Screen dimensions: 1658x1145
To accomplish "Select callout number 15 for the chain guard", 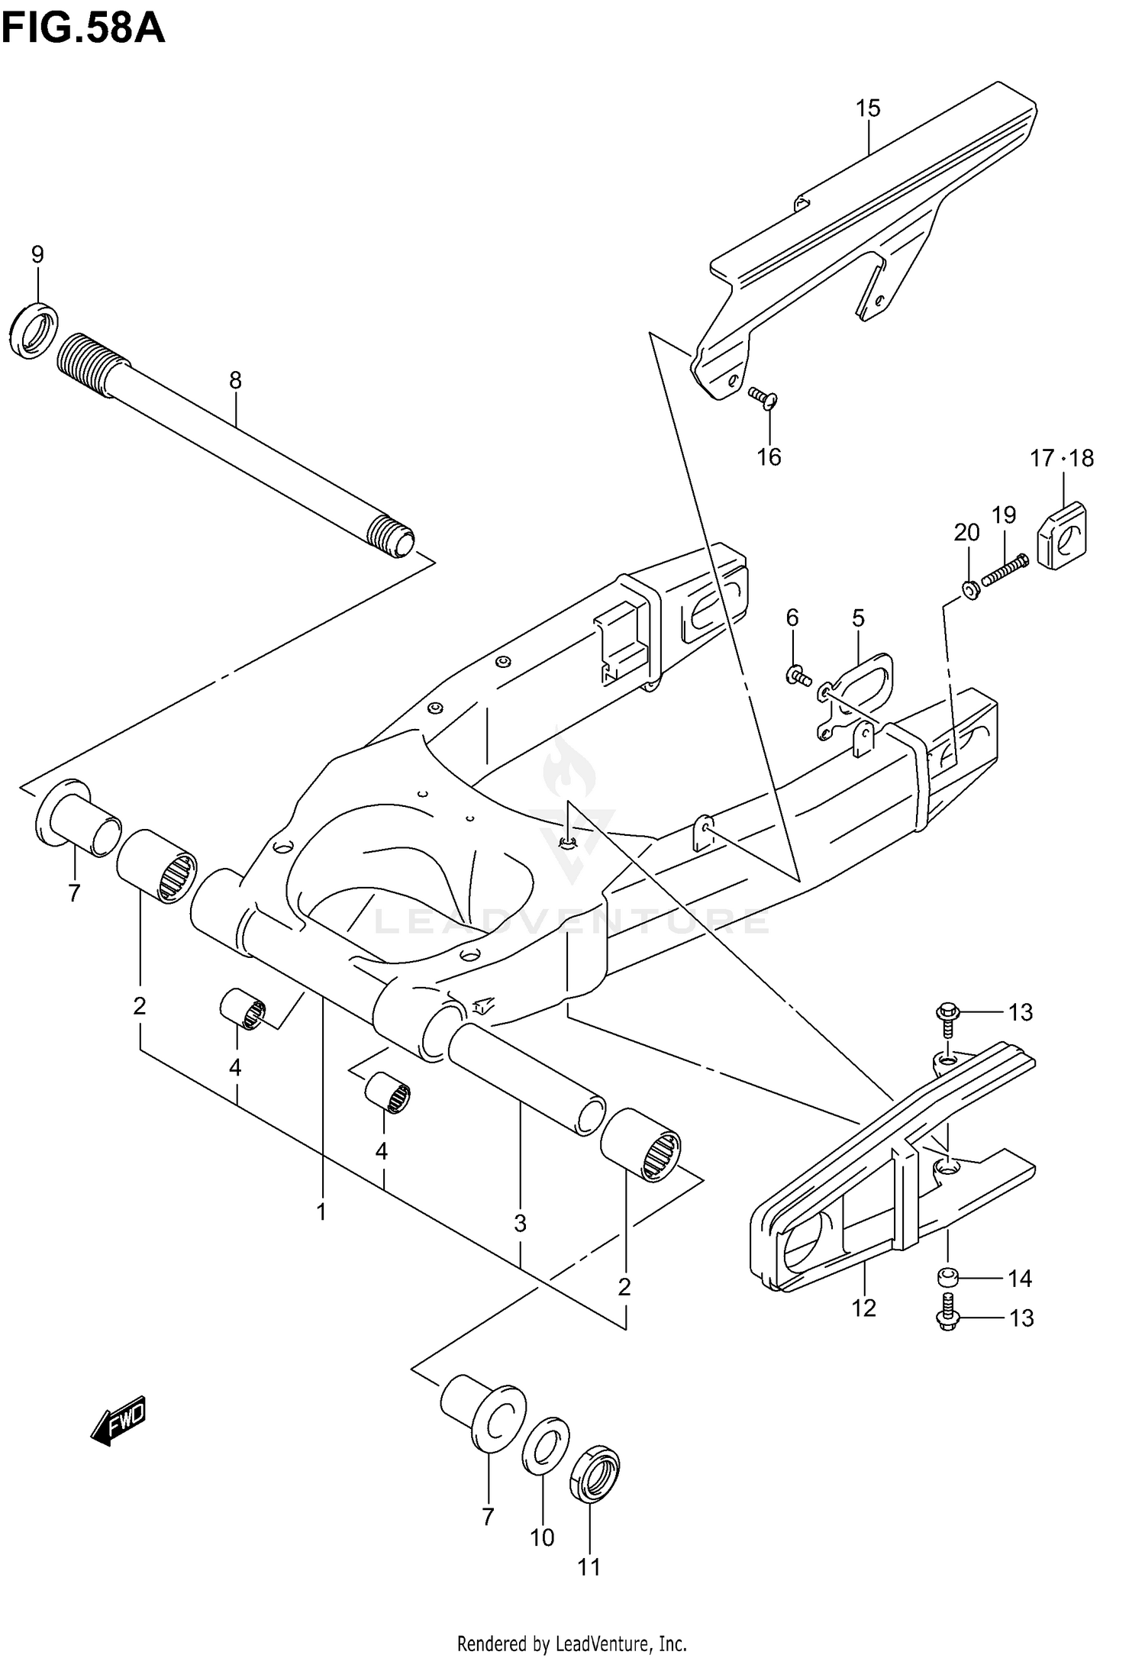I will point(868,108).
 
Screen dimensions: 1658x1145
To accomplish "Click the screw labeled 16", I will point(761,396).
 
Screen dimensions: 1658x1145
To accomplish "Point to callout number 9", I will point(37,254).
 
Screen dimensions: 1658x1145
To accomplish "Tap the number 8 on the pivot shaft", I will point(235,379).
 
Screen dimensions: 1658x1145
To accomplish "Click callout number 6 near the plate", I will point(792,617).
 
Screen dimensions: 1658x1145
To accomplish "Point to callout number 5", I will point(858,618).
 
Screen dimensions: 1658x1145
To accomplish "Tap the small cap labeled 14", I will point(947,1279).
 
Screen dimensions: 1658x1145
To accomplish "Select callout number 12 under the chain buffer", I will point(863,1308).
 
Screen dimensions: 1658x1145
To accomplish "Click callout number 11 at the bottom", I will point(589,1566).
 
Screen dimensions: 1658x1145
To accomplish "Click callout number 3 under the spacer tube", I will point(520,1224).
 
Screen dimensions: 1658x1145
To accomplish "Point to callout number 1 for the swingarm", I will point(321,1211).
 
